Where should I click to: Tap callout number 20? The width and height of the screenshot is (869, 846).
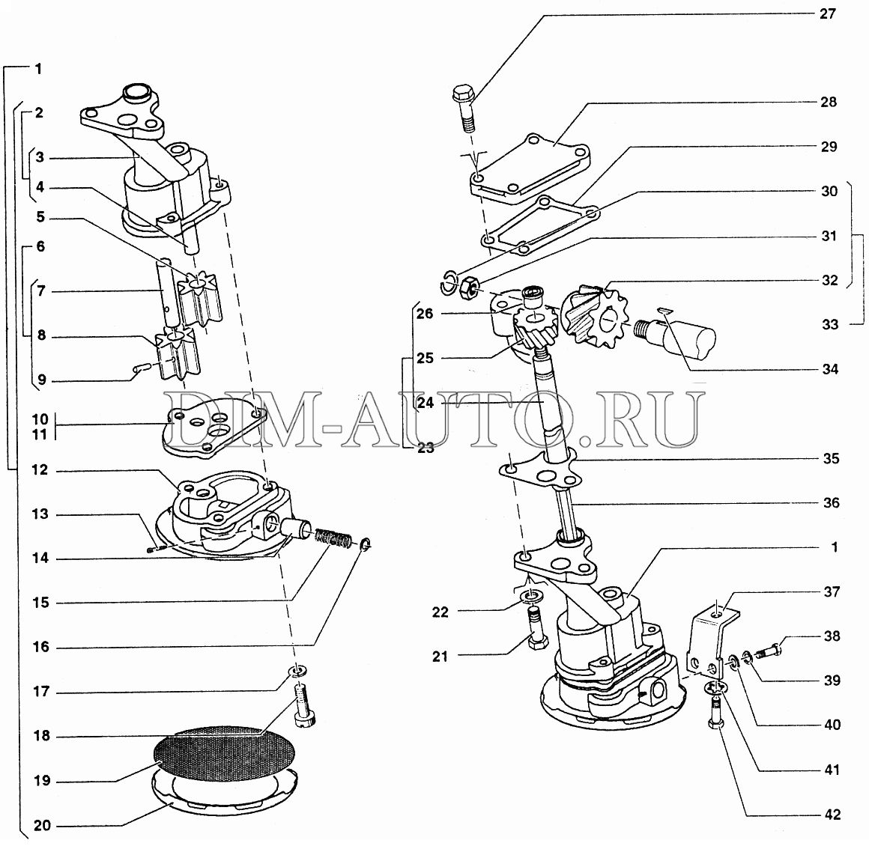pyautogui.click(x=42, y=826)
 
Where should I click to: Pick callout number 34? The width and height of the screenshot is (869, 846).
pyautogui.click(x=829, y=369)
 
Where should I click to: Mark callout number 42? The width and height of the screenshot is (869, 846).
pyautogui.click(x=832, y=815)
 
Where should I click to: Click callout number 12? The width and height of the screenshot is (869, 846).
pyautogui.click(x=40, y=470)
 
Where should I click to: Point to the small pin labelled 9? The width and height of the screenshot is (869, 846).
pyautogui.click(x=142, y=368)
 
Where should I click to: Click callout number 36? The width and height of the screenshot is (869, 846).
pyautogui.click(x=830, y=503)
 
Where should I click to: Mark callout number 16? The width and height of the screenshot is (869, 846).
pyautogui.click(x=40, y=647)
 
